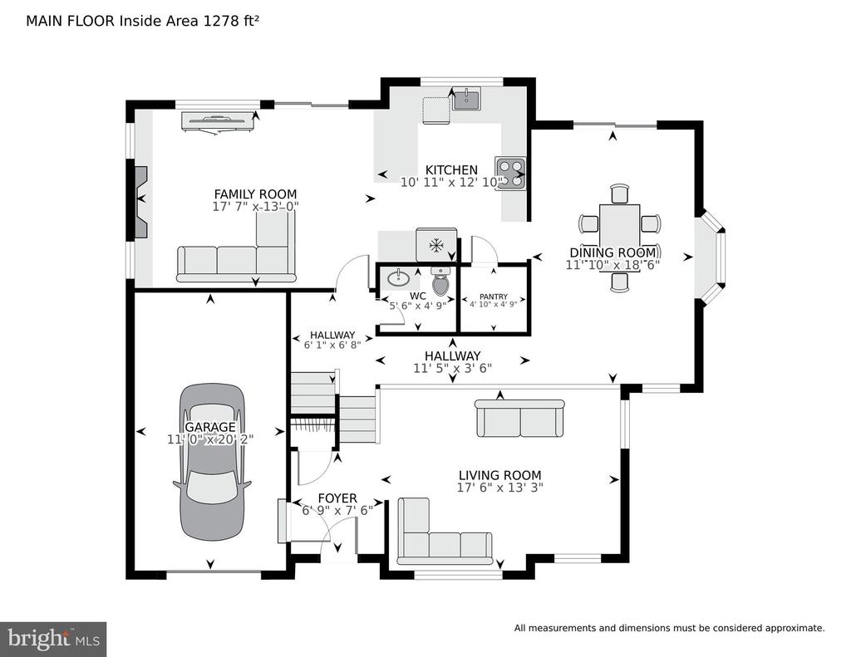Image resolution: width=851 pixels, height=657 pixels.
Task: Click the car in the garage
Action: point(212,462)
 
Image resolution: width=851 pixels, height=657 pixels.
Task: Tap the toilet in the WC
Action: point(440,281)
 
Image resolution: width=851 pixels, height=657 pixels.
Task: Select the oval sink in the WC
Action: point(400,279)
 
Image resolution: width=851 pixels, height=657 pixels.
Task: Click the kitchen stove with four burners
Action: point(511,174)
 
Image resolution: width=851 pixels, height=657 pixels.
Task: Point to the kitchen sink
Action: point(466,100)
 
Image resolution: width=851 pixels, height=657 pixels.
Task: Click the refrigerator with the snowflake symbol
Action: point(435,245)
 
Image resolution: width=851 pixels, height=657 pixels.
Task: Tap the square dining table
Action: point(619,224)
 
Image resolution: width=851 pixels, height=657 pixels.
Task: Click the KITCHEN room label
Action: point(451,170)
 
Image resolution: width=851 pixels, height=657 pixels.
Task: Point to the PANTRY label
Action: point(494,297)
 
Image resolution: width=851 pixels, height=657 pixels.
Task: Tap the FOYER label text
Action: point(337,498)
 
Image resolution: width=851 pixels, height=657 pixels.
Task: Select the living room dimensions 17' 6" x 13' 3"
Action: point(499,488)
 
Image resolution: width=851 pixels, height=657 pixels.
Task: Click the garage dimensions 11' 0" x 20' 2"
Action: point(210,439)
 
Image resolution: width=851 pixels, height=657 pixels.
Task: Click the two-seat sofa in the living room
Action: point(520,419)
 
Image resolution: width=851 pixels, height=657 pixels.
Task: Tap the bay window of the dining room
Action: point(712,257)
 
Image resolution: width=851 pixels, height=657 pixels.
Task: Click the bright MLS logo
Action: point(53,639)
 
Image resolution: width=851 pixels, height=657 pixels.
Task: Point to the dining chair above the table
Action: point(620,194)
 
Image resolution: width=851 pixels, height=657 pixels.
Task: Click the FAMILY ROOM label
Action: point(256,194)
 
